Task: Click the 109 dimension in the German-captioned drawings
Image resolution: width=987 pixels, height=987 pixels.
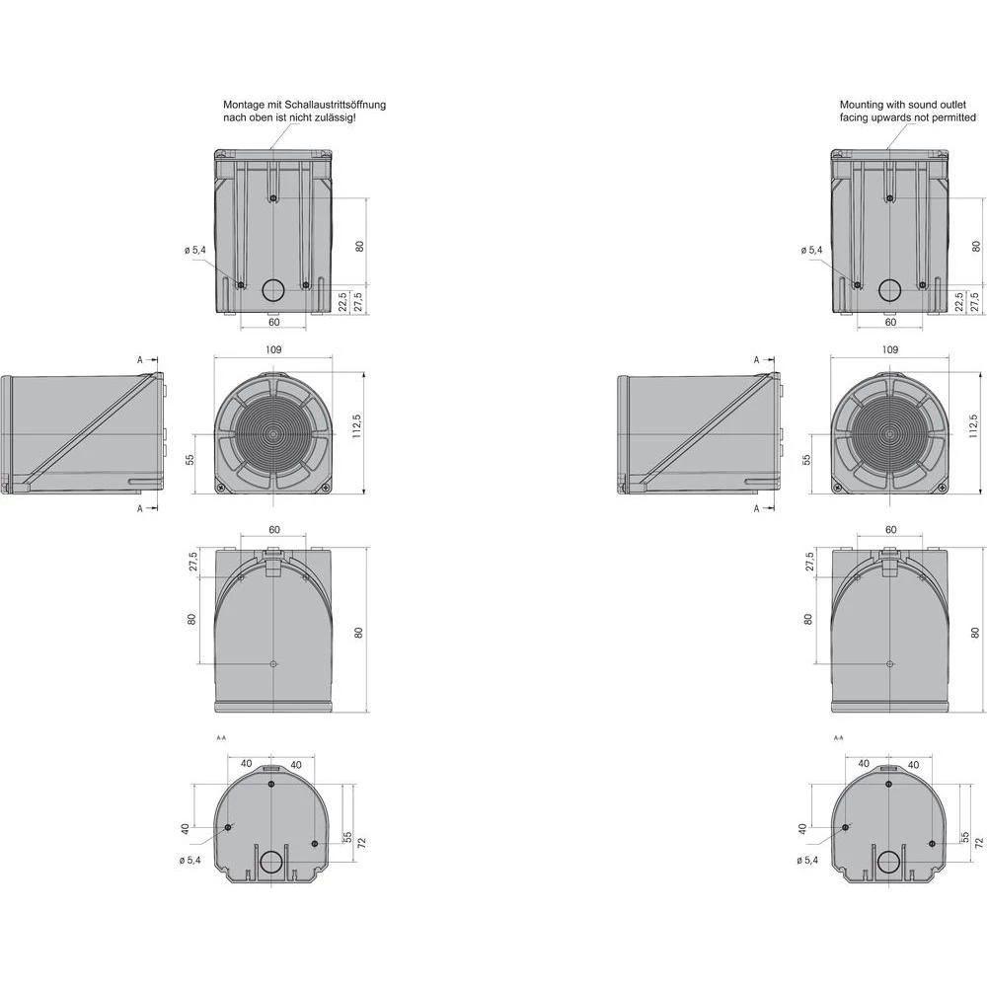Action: coord(273,349)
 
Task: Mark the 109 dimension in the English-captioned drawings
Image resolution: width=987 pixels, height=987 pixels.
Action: coord(890,349)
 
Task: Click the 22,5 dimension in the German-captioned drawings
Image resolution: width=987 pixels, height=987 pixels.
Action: coord(342,300)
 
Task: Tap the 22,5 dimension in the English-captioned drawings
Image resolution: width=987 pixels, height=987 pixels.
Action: coord(958,300)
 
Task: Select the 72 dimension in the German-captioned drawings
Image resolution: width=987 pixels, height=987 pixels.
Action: coord(361,842)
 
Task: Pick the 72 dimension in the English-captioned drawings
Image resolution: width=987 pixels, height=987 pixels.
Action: coord(978,842)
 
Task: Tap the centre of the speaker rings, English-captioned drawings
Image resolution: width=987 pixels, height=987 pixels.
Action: coord(889,433)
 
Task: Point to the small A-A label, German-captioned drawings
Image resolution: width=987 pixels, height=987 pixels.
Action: coord(220,737)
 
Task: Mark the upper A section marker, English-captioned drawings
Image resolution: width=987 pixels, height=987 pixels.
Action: coord(757,361)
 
